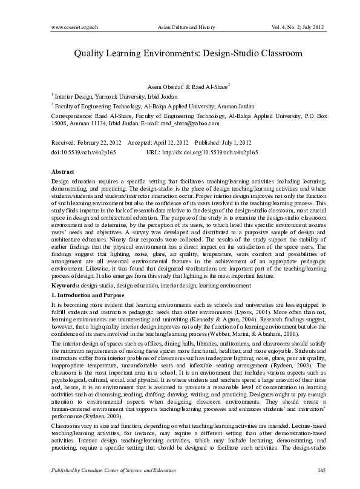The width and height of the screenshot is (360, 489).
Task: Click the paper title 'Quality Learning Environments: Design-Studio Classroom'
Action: (x=180, y=53)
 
